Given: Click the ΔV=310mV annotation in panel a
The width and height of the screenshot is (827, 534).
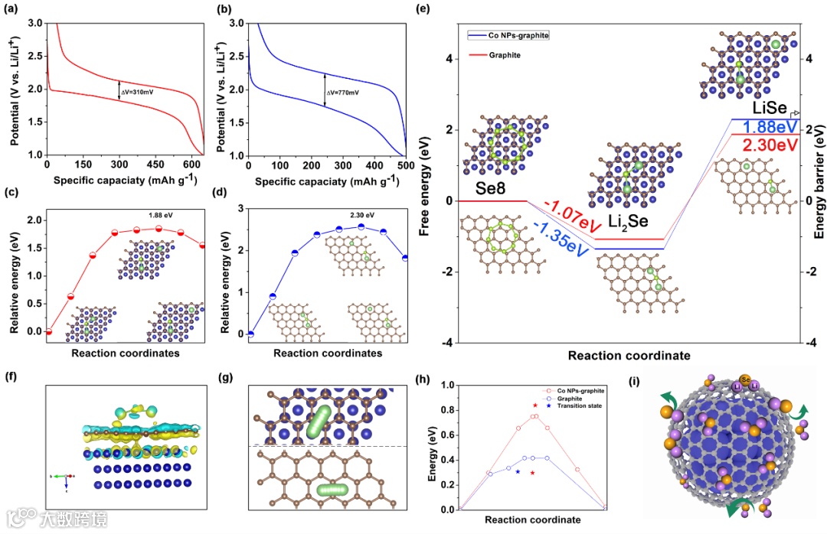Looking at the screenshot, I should pos(135,92).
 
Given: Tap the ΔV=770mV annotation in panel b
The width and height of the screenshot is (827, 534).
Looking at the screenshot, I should pos(343,93).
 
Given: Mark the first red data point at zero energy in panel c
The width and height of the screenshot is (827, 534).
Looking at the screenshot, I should pos(48,331).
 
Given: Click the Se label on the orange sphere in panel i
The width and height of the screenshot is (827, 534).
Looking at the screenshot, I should pos(747,378).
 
